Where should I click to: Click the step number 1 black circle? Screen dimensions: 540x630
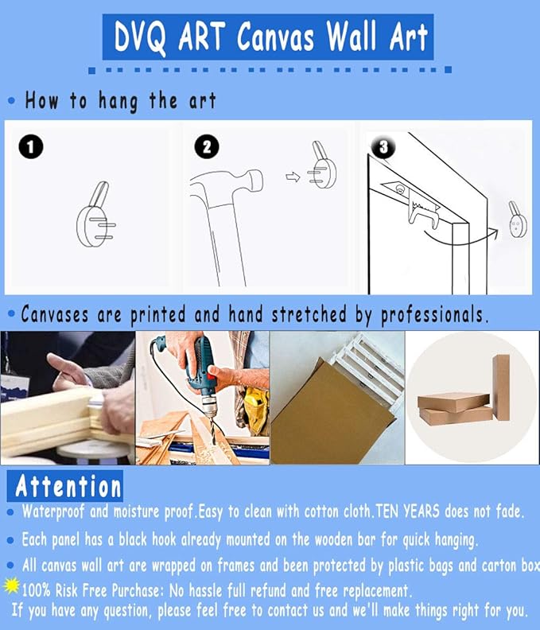coord(31,146)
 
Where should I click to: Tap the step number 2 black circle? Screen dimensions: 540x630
coord(207,146)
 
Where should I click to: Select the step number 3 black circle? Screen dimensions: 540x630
coord(383,146)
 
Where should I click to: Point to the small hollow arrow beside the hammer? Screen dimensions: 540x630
coord(293,177)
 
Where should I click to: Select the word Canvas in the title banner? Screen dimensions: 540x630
coord(276,37)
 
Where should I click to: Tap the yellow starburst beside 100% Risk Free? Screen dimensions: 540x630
coord(12,585)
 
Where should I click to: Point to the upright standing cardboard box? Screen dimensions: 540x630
coord(501,387)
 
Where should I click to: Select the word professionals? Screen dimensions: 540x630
coord(435,314)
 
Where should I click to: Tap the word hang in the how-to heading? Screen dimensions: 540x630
coord(118,101)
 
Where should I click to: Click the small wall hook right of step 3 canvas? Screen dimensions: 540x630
coord(518,220)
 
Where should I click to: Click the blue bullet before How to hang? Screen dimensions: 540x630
coord(12,100)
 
